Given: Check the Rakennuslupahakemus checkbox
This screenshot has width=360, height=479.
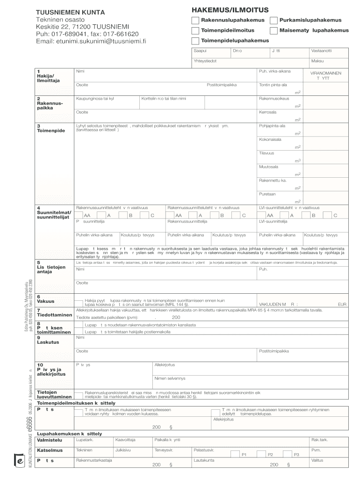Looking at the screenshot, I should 195,21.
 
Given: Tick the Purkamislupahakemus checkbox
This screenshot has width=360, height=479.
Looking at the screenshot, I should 274,21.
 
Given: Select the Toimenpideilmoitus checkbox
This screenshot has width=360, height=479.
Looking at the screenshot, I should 195,31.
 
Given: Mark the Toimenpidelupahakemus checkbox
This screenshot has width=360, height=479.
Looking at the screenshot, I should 195,41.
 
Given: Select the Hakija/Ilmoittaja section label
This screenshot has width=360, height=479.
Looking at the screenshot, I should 46,76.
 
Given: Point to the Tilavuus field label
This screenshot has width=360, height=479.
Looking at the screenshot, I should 266,153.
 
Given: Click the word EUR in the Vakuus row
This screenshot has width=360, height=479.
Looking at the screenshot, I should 342,304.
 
